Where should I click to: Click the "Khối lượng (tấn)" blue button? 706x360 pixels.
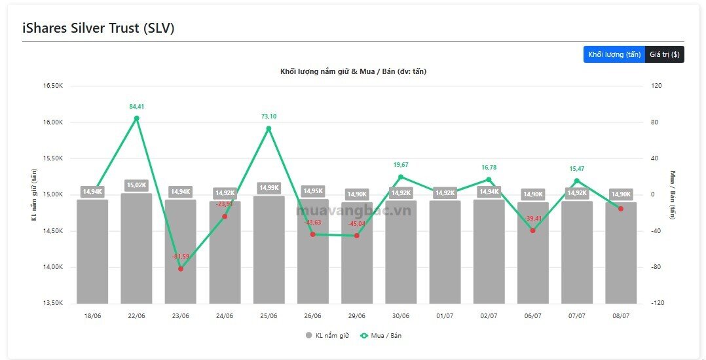614,54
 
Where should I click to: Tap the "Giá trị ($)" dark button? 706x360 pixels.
665,54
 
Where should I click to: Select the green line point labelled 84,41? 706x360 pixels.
136,118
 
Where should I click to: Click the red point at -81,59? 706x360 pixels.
181,268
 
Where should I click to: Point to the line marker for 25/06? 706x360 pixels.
269,129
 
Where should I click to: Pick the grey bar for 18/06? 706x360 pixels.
92,251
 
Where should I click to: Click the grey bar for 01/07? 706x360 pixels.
445,252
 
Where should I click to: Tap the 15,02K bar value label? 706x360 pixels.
136,185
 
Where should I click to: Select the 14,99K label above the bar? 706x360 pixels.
269,188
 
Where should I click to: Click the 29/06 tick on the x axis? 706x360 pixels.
357,316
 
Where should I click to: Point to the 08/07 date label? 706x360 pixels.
621,316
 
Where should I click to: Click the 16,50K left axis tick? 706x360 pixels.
54,86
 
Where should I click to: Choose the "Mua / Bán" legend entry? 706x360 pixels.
381,335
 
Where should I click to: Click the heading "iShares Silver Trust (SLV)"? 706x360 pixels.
98,28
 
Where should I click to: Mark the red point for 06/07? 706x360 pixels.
532,230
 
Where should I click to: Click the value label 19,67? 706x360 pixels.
401,165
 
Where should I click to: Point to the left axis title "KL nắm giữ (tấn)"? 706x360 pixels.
34,194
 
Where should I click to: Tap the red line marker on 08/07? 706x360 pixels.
621,209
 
